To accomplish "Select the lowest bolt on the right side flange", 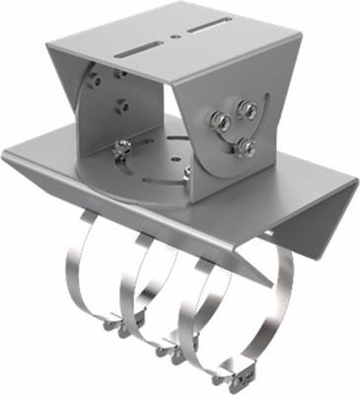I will click(x=245, y=148).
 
